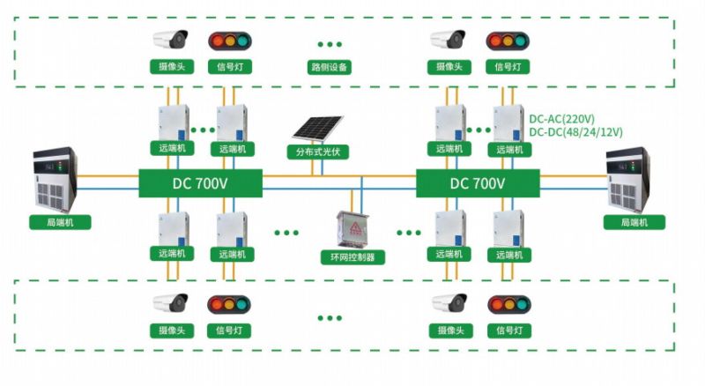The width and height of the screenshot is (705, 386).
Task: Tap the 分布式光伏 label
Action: click(317, 152)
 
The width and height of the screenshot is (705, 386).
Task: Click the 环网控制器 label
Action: click(352, 257)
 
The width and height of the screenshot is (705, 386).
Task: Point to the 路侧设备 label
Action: click(330, 66)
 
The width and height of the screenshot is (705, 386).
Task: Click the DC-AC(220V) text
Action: click(561, 119)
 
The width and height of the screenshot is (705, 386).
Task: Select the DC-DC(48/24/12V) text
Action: click(575, 132)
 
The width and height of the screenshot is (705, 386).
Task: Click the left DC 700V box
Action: click(200, 183)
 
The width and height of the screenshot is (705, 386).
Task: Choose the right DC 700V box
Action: click(478, 183)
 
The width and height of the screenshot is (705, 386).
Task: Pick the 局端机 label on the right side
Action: click(634, 222)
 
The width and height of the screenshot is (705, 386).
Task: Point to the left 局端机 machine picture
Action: click(56, 178)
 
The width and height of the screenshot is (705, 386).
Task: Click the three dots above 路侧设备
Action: click(330, 43)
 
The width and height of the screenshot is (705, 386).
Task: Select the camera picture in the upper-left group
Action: click(171, 40)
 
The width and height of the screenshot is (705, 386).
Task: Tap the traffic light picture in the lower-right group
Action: click(509, 305)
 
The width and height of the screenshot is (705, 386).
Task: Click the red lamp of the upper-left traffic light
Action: click(217, 41)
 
